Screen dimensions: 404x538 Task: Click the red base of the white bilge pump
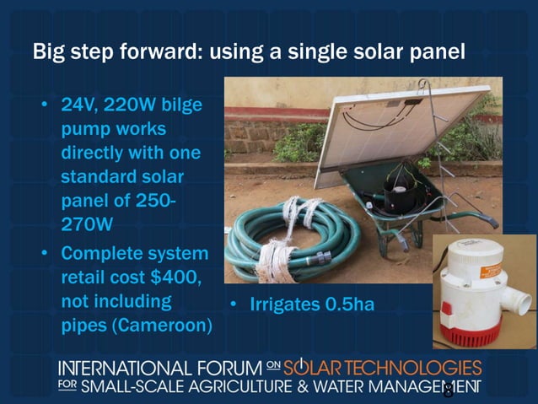473,333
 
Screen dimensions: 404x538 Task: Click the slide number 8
448,391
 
